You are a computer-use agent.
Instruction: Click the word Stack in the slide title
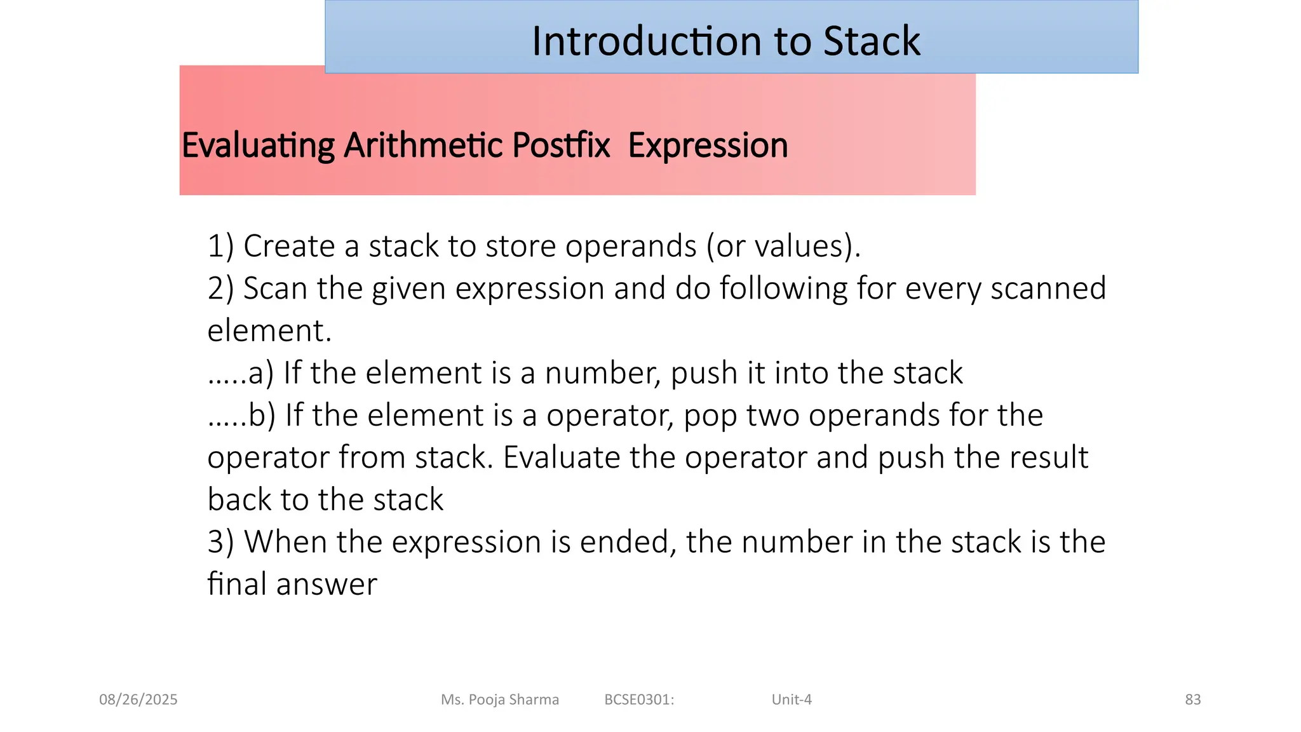pos(871,41)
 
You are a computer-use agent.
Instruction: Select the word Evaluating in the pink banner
pos(258,146)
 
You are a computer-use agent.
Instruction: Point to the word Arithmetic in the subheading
pos(424,146)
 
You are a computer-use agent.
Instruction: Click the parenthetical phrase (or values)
pos(783,246)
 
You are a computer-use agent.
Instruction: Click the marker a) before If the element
pos(260,373)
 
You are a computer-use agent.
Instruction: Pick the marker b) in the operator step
pos(262,416)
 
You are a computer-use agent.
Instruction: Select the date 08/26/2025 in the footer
pos(138,700)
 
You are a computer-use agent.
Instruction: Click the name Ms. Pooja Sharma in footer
pos(500,700)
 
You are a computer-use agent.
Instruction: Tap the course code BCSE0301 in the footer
pos(638,700)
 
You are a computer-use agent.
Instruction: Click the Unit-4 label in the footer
pos(792,700)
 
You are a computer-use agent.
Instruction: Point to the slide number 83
pos(1192,700)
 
